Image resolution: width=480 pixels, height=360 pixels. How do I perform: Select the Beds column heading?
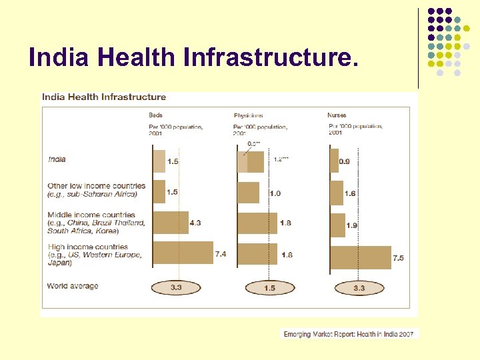155,115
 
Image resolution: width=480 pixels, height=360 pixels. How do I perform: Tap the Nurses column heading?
337,115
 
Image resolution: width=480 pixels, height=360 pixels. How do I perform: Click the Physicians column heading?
248,115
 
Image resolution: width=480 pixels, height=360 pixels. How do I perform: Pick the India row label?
57,159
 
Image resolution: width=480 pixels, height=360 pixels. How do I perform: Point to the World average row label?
73,286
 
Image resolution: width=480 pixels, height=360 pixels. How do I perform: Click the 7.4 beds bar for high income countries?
183,253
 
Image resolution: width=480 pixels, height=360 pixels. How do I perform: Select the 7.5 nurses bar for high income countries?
361,257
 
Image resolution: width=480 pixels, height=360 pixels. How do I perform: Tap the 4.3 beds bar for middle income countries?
171,222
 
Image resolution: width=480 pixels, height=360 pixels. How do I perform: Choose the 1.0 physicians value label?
275,193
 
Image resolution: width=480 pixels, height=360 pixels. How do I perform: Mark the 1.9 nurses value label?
352,225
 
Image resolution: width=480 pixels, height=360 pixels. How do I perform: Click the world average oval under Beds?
177,288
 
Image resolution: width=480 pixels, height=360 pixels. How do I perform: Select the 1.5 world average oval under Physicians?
270,288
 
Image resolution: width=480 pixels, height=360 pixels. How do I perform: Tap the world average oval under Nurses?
359,288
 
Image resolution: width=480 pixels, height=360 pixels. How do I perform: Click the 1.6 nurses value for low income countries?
351,193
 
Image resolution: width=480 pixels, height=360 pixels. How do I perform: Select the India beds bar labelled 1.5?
159,161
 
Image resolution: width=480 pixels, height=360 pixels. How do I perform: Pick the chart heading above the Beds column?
104,97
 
